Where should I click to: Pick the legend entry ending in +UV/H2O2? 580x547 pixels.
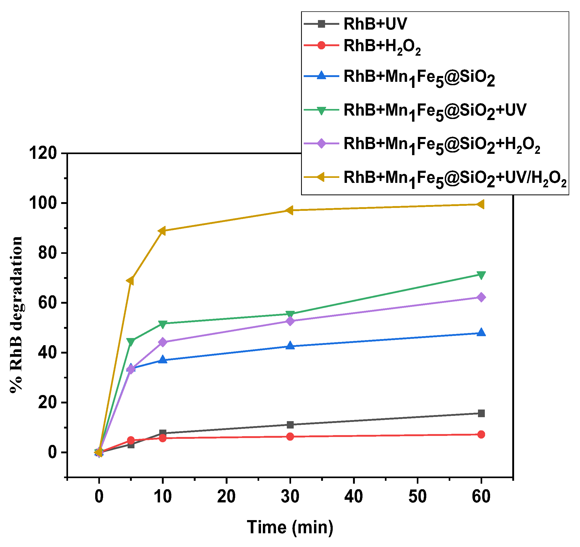pos(455,178)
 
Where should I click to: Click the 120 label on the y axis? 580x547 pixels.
pos(43,153)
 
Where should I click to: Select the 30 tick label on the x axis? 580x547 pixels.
pos(290,497)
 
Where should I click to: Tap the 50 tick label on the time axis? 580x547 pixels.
pos(418,497)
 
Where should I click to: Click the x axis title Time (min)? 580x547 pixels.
pos(290,527)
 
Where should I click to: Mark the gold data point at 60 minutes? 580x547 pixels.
pos(481,204)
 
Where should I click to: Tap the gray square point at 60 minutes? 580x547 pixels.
pos(481,413)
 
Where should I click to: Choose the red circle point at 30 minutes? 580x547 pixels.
pos(290,437)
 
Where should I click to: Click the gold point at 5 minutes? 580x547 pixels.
pos(130,281)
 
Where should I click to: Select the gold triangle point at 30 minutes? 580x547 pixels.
pos(289,211)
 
